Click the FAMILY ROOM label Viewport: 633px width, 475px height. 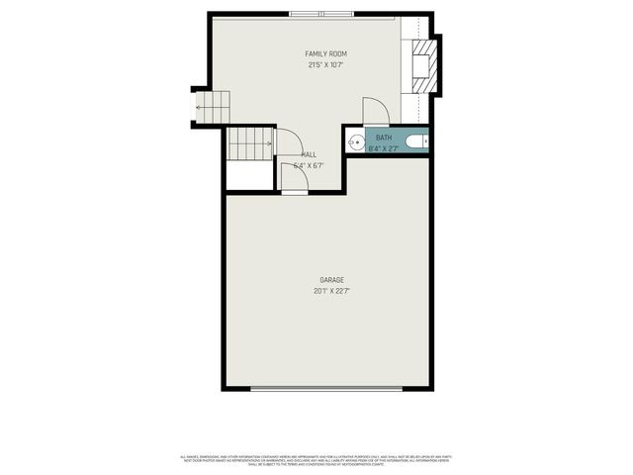(x=325, y=53)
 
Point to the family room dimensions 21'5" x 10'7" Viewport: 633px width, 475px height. (x=325, y=65)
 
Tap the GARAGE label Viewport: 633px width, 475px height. (x=331, y=280)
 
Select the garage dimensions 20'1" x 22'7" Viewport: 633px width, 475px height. (x=331, y=292)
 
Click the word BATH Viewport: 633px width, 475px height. (x=383, y=138)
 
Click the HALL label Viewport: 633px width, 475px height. (x=309, y=155)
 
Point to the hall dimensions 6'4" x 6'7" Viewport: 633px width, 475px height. (x=309, y=166)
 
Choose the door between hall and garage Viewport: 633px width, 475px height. (x=294, y=178)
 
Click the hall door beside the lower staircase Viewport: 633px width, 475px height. (x=288, y=143)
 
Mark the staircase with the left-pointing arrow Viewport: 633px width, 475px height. (x=212, y=107)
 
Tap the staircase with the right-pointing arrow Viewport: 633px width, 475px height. (x=250, y=144)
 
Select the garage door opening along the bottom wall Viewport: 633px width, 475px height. (x=326, y=388)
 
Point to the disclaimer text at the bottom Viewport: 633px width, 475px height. (x=316, y=459)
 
